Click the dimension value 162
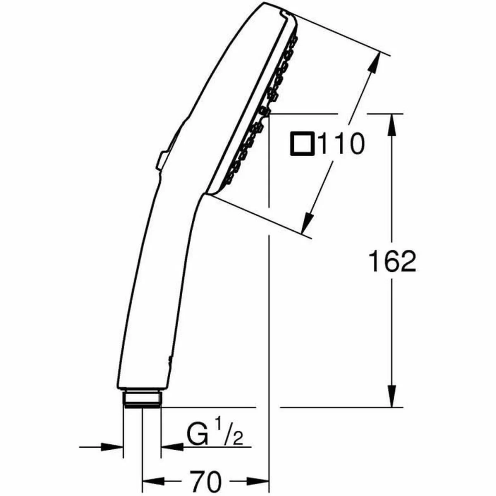click(x=392, y=262)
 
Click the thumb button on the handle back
click(x=162, y=159)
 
